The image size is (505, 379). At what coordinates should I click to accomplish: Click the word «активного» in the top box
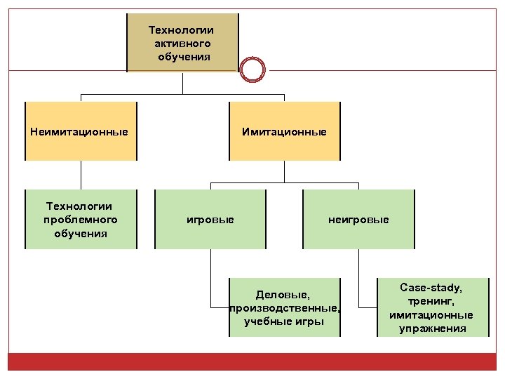point(182,44)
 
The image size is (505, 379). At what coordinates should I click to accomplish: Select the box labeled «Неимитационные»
point(80,131)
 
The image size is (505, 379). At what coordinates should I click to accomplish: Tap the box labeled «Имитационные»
point(284,131)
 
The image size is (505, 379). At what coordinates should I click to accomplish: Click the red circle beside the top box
point(252,69)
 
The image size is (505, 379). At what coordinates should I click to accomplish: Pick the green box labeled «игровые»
point(210,220)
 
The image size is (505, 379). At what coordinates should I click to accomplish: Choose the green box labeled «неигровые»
point(358,220)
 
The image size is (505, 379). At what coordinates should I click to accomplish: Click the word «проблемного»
point(80,220)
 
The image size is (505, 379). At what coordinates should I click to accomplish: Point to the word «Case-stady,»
point(431,287)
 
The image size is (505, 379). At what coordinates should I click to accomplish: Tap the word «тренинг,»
point(431,300)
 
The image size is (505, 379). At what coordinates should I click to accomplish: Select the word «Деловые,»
point(283,294)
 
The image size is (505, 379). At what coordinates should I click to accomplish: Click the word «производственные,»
point(285,308)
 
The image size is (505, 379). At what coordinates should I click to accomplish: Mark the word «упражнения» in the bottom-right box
point(431,328)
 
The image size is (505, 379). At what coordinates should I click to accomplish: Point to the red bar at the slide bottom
point(252,362)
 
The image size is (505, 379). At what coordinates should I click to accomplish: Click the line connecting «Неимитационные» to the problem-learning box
point(81,175)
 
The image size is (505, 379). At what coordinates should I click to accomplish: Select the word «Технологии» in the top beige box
point(182,30)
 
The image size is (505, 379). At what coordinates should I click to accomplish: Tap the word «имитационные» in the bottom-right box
point(431,314)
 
